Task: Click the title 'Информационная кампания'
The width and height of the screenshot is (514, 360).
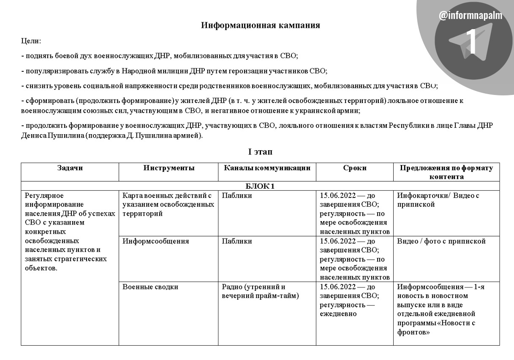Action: [x=260, y=25]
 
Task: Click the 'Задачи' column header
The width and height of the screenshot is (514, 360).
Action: [x=70, y=168]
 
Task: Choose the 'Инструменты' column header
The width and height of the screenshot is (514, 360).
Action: [x=169, y=168]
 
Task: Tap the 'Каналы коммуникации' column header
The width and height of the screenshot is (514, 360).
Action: [x=267, y=168]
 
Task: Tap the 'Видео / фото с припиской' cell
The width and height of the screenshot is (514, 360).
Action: [x=441, y=241]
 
